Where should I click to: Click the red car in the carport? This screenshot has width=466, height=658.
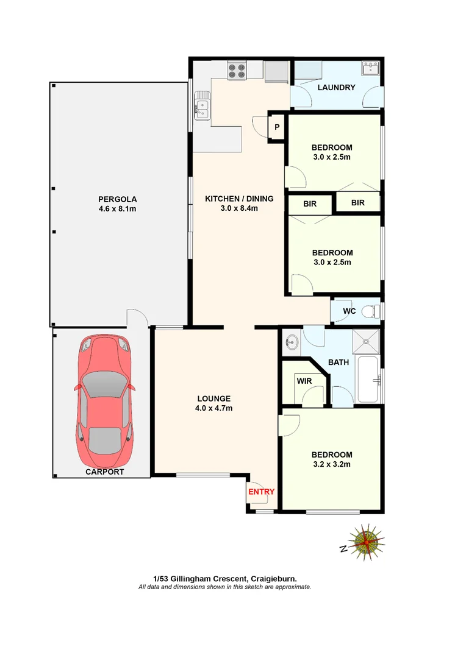click(103, 402)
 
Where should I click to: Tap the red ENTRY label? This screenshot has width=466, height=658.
click(261, 492)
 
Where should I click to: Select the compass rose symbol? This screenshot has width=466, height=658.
click(365, 540)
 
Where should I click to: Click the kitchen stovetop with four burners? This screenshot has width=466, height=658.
click(237, 71)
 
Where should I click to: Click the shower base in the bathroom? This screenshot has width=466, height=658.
click(367, 342)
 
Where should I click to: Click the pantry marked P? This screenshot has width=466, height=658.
click(277, 127)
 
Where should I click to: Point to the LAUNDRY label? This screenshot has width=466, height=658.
click(335, 88)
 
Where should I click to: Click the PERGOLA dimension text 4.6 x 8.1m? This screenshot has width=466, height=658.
click(117, 209)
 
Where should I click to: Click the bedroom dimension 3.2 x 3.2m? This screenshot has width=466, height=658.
click(331, 464)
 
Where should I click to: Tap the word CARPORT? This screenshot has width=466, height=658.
click(104, 472)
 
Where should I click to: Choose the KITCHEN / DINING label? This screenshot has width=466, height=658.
click(238, 199)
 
